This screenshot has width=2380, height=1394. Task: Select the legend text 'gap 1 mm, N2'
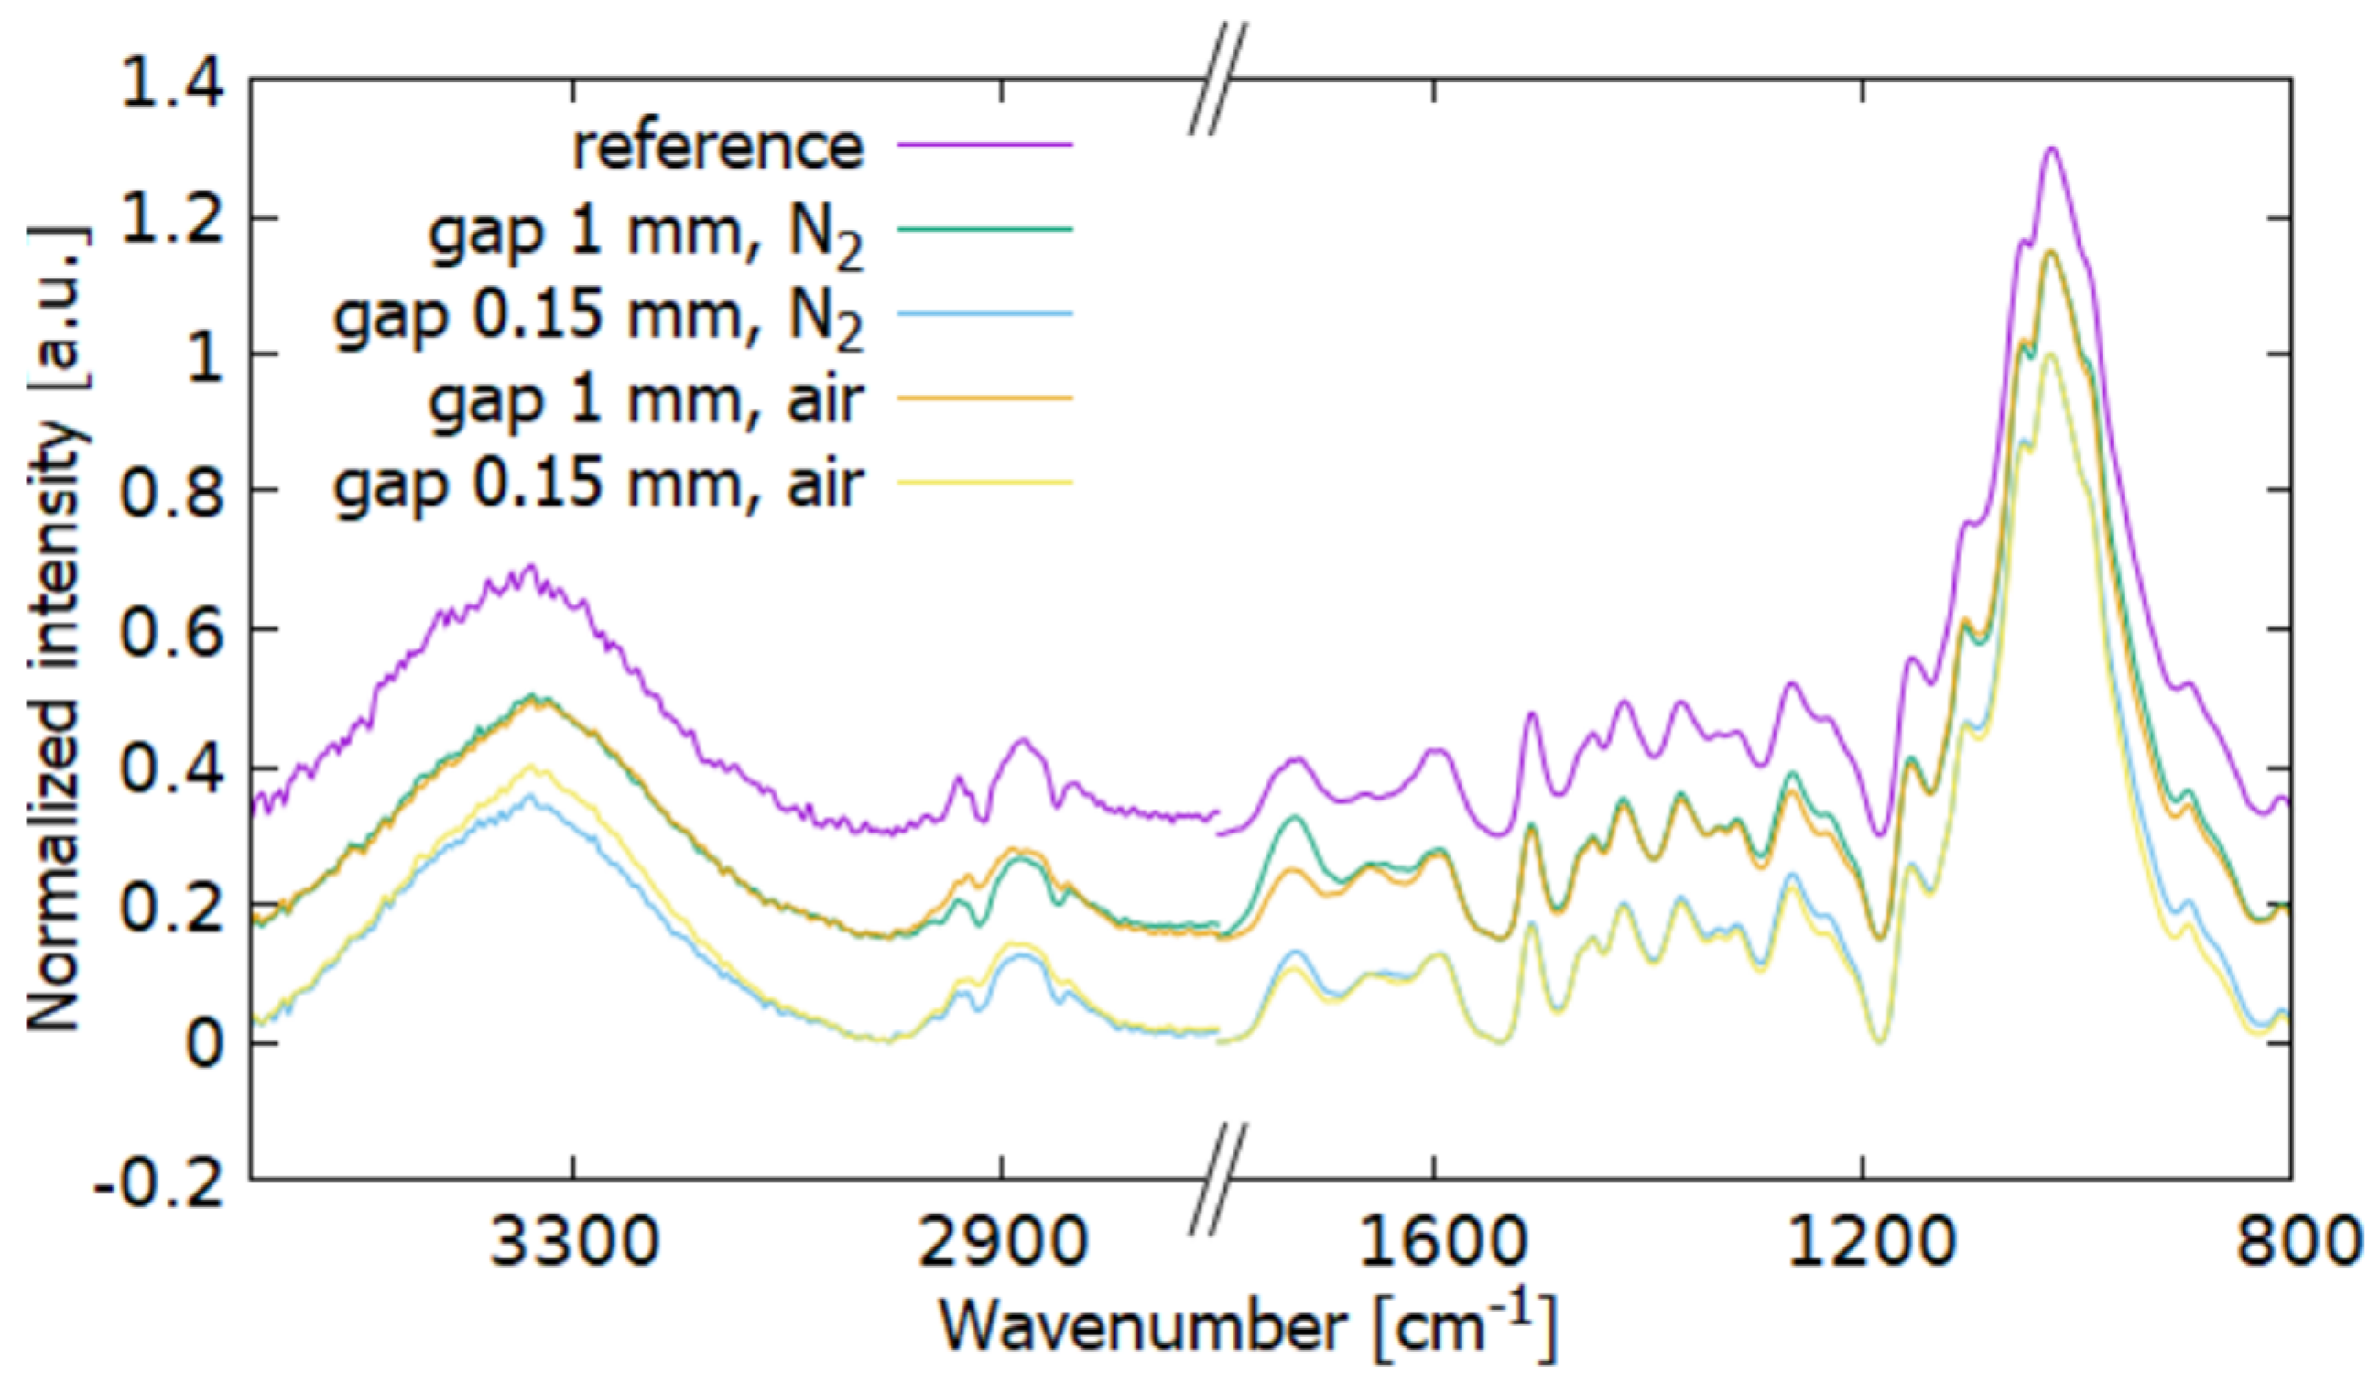coord(646,233)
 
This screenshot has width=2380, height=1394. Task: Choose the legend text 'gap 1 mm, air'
coord(646,399)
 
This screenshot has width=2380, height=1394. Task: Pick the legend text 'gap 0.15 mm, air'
coord(599,484)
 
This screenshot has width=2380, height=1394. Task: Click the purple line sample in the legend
coord(984,145)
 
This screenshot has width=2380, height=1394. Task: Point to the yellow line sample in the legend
coord(984,483)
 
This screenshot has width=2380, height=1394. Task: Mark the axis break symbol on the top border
coord(1218,79)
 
